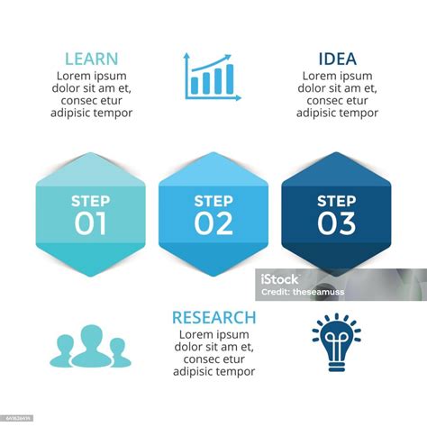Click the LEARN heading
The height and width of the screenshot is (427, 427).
[x=91, y=59]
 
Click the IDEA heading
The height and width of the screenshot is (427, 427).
[x=337, y=59]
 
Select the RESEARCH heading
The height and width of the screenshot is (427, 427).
[x=213, y=317]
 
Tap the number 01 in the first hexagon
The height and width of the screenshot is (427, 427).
[x=91, y=223]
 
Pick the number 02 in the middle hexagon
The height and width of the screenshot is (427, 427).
[x=213, y=223]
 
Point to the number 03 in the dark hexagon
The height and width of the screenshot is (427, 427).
[x=336, y=223]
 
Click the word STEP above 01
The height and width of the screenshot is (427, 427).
[x=91, y=201]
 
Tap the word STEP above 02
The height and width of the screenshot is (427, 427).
[x=213, y=201]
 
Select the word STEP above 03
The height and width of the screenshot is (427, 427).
[x=336, y=201]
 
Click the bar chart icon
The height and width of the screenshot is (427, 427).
[x=213, y=76]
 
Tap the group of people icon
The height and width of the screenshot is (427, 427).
[x=90, y=347]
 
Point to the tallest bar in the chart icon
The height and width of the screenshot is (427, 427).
[x=229, y=78]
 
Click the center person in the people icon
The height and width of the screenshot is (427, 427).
[x=90, y=345]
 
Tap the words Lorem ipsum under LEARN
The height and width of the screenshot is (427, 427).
[x=91, y=76]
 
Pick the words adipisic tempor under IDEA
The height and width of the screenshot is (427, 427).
[x=337, y=114]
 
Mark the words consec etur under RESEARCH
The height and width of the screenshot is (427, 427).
[x=213, y=359]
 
